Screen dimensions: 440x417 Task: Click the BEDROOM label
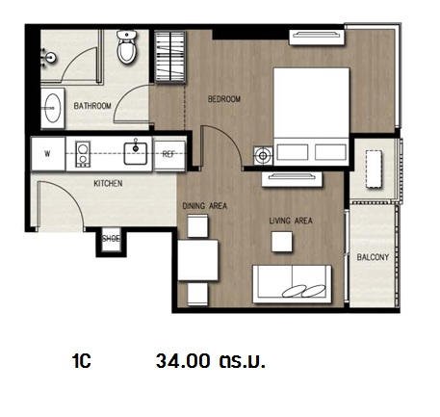(224, 99)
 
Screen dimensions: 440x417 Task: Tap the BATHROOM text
(92, 106)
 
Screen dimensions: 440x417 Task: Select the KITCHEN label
(108, 183)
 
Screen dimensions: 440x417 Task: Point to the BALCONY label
(373, 257)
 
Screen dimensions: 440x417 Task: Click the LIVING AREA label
(291, 221)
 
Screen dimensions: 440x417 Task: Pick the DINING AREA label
(204, 206)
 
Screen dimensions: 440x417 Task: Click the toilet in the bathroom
(127, 47)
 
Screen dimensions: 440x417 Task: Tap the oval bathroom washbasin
(52, 108)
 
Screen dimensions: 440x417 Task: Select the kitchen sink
(136, 153)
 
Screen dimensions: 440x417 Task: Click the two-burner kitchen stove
(83, 154)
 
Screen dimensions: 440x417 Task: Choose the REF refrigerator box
(169, 154)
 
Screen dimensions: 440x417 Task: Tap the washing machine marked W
(48, 154)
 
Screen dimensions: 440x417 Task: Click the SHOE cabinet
(111, 239)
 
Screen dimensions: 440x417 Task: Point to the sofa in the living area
(292, 284)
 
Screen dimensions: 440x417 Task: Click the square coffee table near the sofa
(282, 242)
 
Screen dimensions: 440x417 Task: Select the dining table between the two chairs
(198, 260)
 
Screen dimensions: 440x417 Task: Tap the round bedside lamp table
(263, 156)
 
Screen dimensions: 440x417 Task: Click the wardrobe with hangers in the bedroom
(170, 57)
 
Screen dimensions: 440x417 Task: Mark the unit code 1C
(82, 361)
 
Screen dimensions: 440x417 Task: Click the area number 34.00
(183, 361)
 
